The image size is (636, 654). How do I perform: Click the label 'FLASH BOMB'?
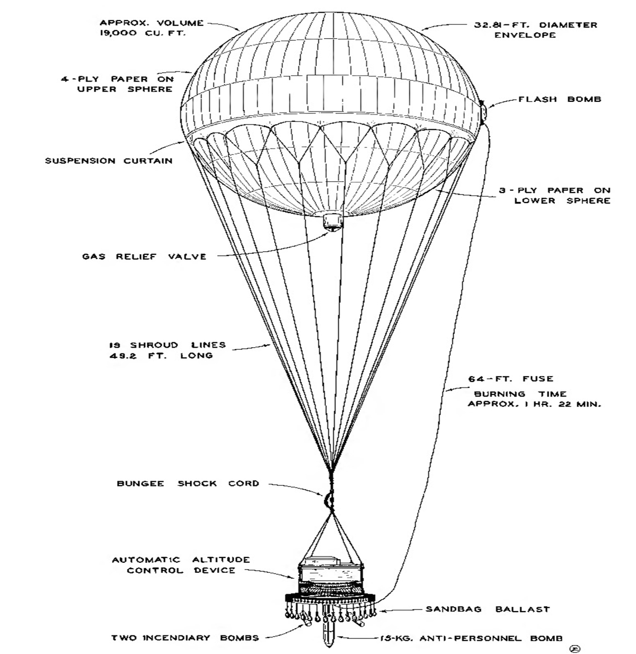click(559, 99)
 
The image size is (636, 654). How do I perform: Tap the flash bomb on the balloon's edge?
click(483, 112)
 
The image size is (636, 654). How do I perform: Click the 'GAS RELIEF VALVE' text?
click(144, 257)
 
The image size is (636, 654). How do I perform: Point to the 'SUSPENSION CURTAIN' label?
click(109, 161)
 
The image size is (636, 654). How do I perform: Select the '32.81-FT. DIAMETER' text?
click(535, 25)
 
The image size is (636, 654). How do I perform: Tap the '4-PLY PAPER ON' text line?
click(117, 79)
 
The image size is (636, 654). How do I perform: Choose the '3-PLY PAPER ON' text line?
click(554, 190)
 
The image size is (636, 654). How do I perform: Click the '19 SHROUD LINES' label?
click(167, 345)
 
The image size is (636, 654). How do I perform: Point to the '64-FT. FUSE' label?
click(510, 379)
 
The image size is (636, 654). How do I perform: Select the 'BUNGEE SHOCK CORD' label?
click(188, 483)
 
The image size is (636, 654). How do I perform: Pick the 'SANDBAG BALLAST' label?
click(488, 609)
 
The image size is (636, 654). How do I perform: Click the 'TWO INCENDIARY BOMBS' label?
click(185, 638)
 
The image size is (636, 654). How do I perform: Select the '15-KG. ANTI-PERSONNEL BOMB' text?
click(471, 638)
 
